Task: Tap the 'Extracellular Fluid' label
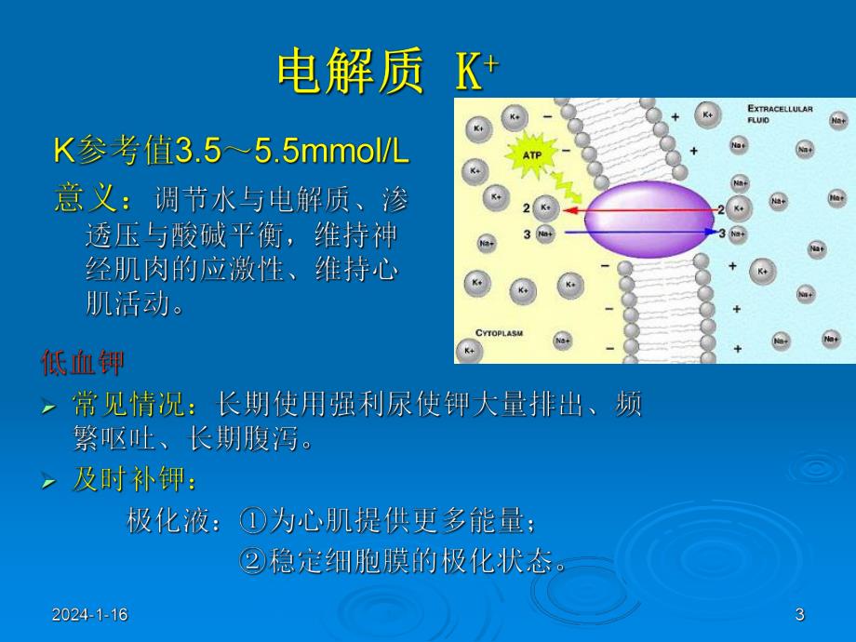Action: [780, 114]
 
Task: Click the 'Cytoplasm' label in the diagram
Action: [502, 332]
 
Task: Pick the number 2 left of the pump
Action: [527, 207]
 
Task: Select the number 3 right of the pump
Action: [722, 233]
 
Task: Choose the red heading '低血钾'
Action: [82, 363]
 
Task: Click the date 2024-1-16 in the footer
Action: [89, 615]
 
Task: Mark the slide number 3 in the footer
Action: [799, 615]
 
